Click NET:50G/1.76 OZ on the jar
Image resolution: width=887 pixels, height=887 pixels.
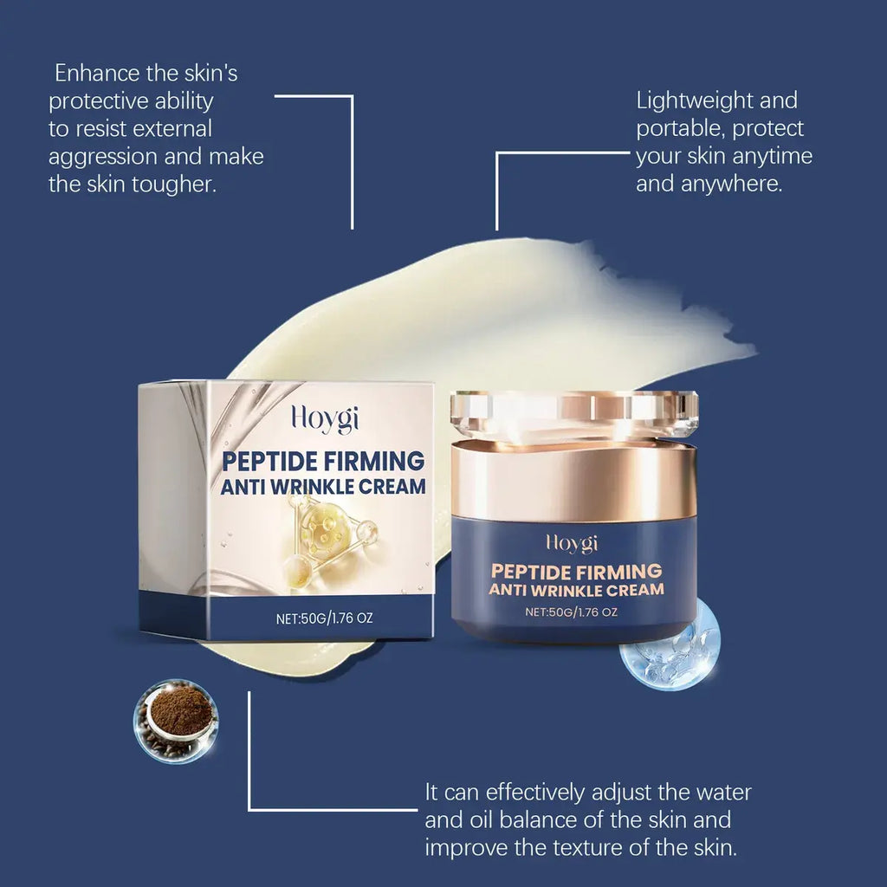point(572,612)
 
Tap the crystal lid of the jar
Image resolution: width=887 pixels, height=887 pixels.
point(574,412)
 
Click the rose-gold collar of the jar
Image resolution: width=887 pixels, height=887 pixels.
point(574,481)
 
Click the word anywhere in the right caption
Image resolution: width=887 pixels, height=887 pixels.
point(737,184)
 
